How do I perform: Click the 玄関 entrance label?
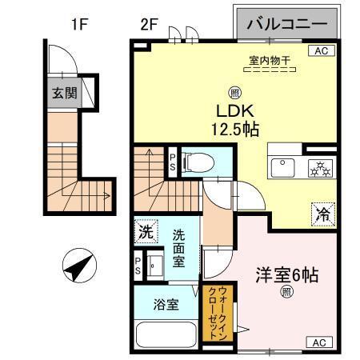[66, 92]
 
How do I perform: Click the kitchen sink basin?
[284, 168]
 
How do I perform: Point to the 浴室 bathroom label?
[166, 305]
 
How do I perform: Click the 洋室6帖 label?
[286, 275]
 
